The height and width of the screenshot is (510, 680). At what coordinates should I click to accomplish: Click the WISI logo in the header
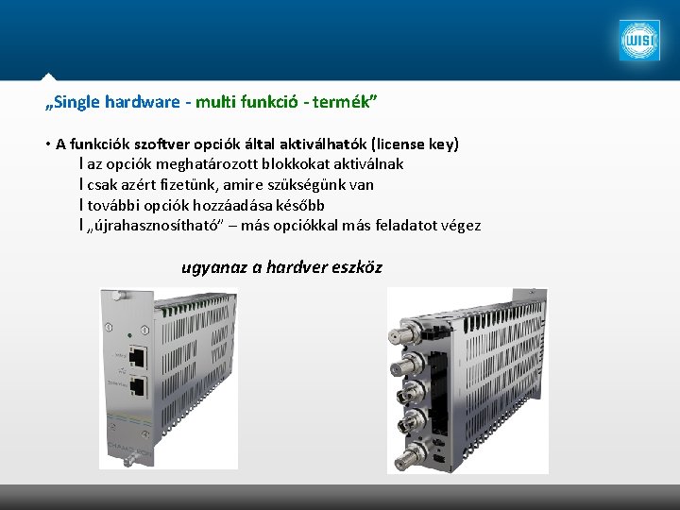639,41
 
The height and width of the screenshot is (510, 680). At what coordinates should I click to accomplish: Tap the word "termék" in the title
349,100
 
